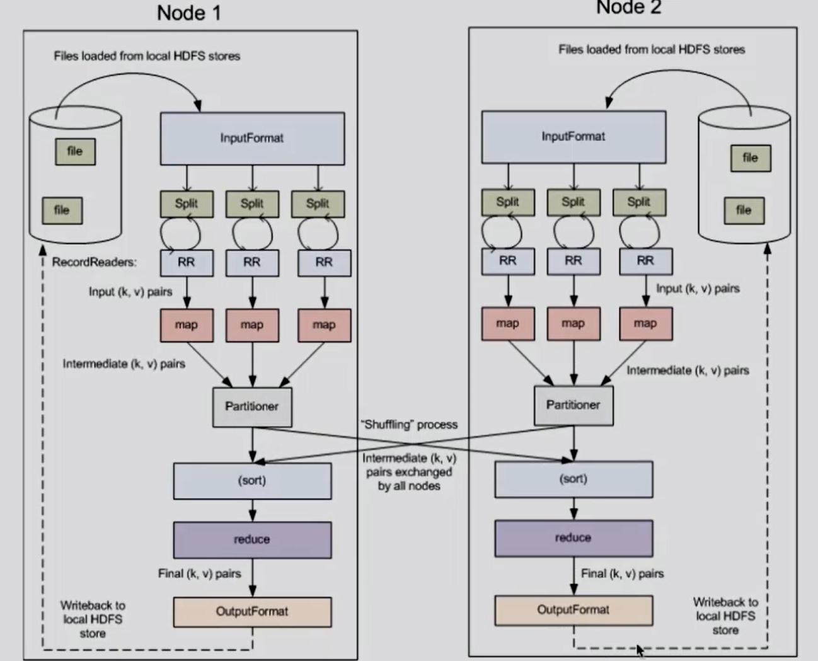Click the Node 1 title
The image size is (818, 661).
click(189, 13)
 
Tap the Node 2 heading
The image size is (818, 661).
click(629, 8)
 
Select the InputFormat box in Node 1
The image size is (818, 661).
click(252, 139)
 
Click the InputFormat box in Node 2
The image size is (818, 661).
click(573, 137)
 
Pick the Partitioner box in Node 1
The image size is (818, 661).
click(252, 407)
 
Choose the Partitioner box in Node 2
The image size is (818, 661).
click(573, 406)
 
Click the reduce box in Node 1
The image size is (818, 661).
click(252, 540)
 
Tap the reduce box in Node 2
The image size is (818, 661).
click(573, 538)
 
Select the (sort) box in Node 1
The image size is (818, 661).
click(252, 481)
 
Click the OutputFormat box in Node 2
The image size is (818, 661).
click(573, 611)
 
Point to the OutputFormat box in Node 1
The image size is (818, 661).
click(252, 612)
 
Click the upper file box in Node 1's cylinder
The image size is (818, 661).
click(75, 152)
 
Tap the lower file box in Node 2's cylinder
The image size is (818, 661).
click(744, 210)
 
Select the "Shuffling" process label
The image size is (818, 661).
click(410, 425)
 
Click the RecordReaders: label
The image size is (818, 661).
click(94, 262)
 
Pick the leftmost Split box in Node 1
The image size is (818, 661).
click(187, 204)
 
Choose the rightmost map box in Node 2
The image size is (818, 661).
click(646, 324)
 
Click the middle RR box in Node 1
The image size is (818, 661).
click(252, 263)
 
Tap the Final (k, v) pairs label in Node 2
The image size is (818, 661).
click(623, 573)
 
